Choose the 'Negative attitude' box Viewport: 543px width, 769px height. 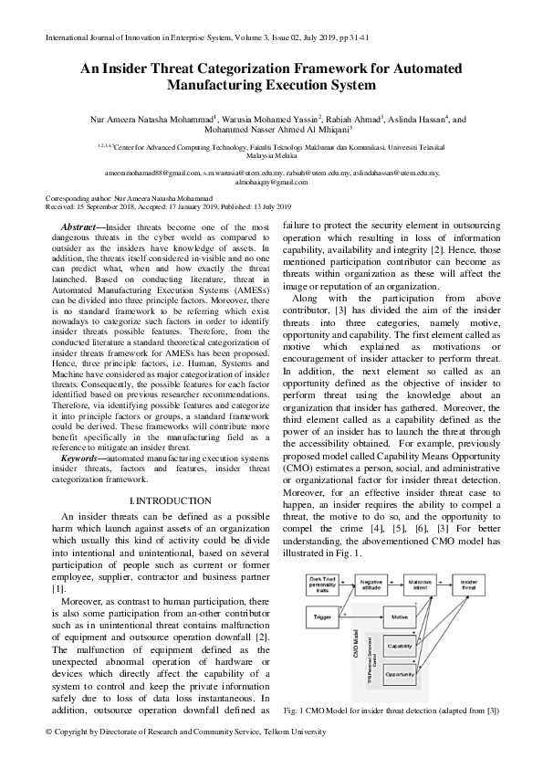(371, 585)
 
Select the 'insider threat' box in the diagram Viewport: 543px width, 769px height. (468, 585)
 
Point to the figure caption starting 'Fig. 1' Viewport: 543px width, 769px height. (391, 710)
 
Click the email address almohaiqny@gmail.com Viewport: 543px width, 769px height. (271, 183)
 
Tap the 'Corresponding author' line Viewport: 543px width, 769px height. (129, 198)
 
